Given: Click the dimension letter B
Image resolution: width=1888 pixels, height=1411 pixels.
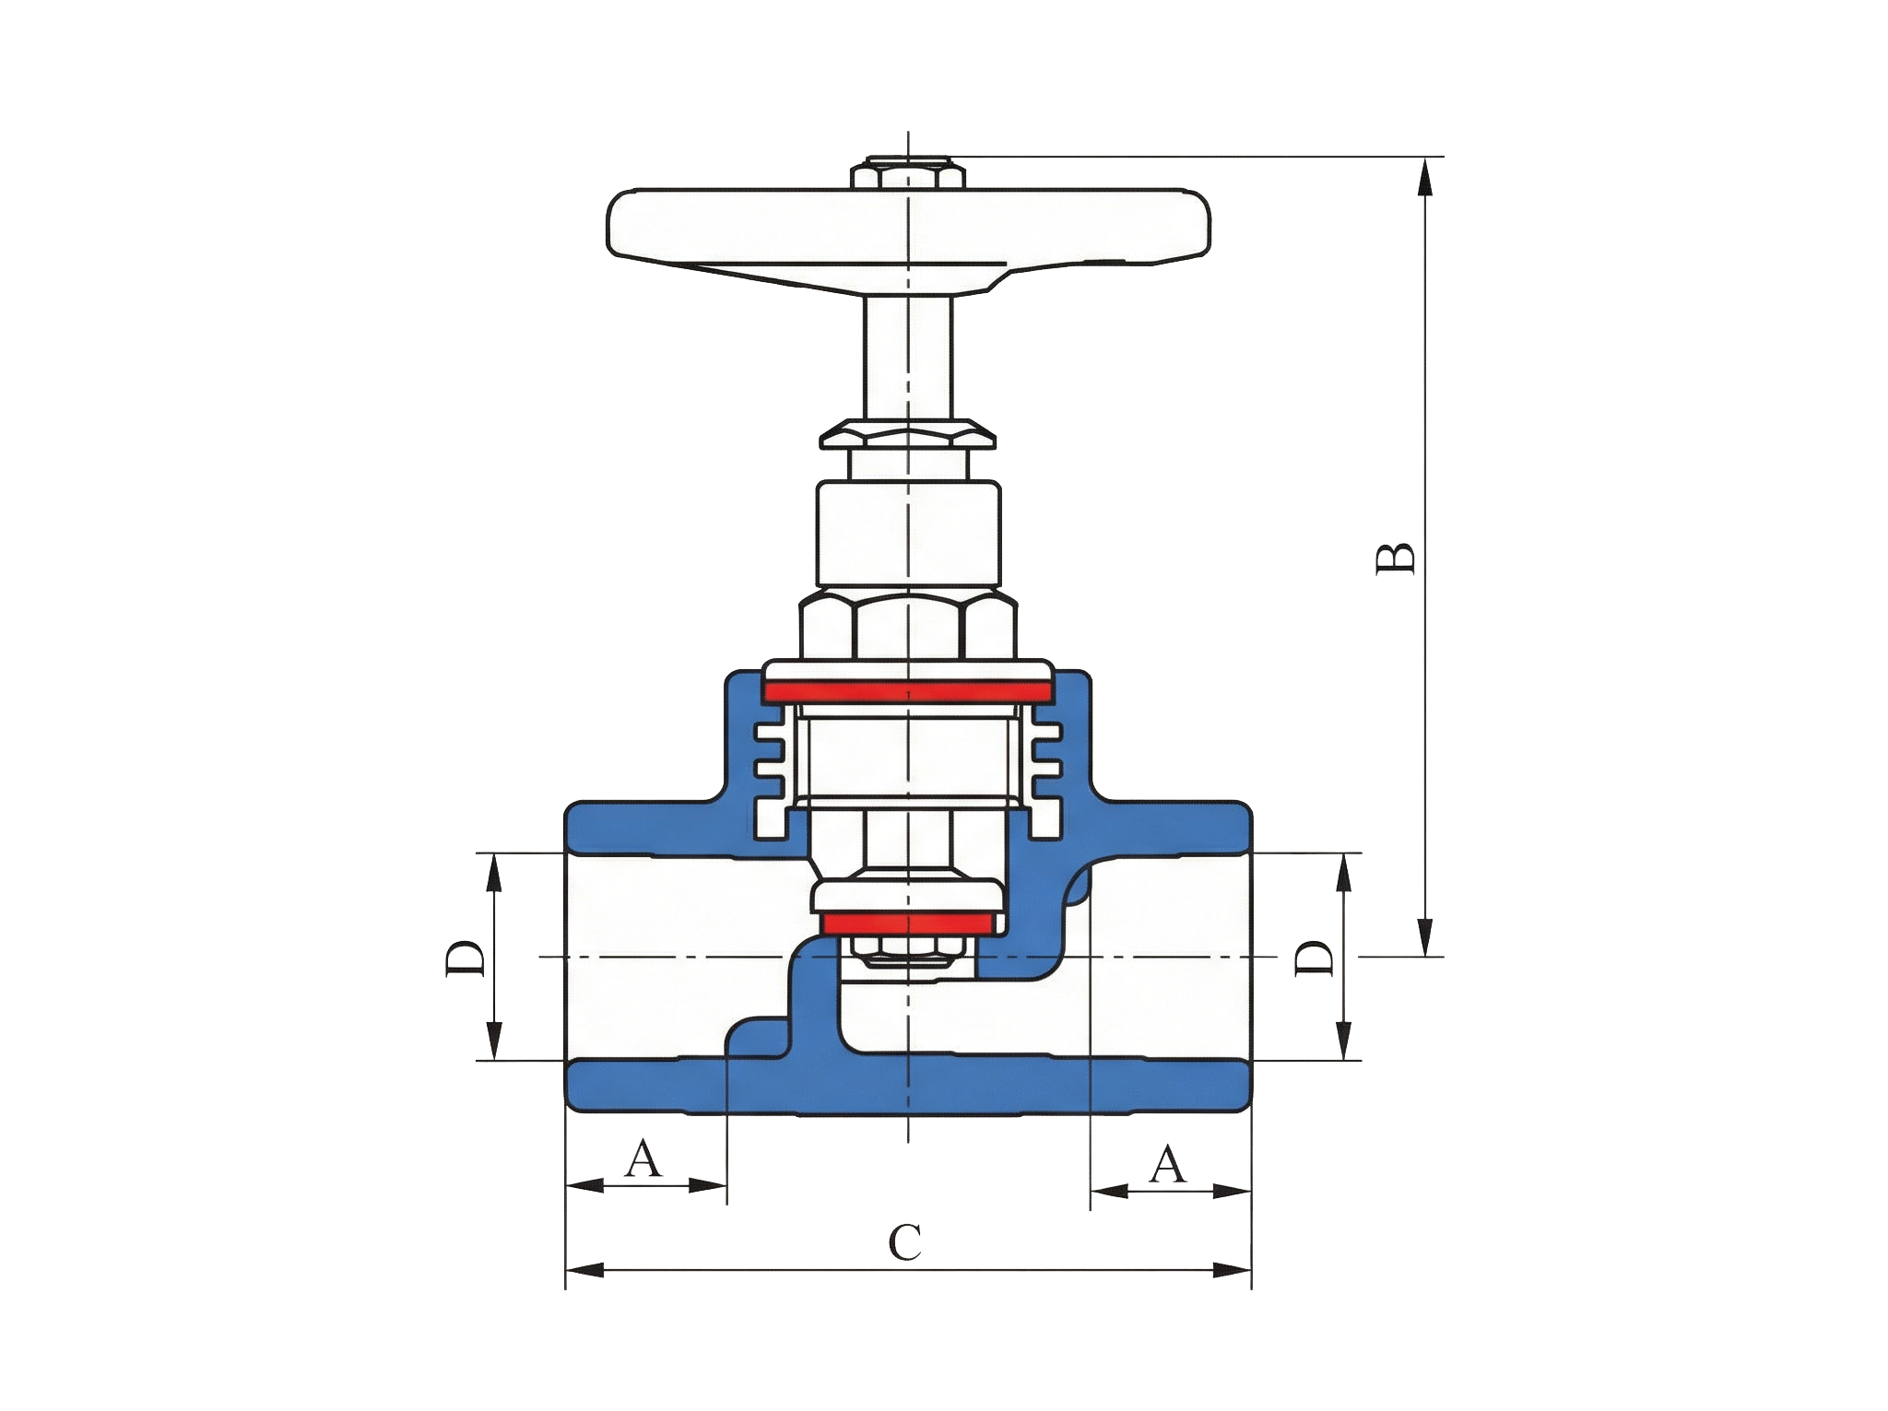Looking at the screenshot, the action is pyautogui.click(x=1395, y=559).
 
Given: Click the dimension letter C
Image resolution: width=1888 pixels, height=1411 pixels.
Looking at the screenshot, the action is pyautogui.click(x=904, y=1242).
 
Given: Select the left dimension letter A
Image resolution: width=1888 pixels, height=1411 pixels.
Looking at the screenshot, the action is pyautogui.click(x=643, y=1158).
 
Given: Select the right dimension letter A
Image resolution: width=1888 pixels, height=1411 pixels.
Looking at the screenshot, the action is pyautogui.click(x=1167, y=1164).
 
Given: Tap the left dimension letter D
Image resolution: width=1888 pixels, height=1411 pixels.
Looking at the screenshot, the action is pyautogui.click(x=466, y=958).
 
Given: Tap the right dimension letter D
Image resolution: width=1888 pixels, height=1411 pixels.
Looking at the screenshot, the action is pyautogui.click(x=1315, y=958).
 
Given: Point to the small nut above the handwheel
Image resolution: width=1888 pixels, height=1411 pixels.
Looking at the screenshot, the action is pyautogui.click(x=908, y=173).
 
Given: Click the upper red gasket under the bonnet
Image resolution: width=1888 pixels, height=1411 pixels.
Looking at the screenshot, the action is pyautogui.click(x=908, y=690).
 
